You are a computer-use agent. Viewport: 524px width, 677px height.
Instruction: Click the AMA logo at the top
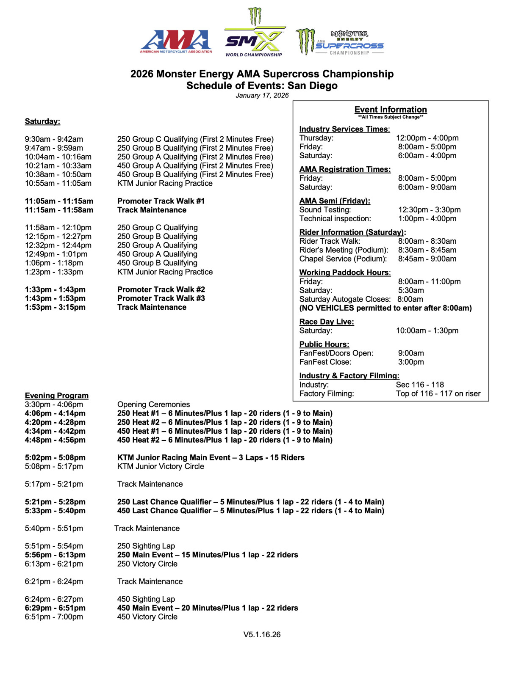tap(176, 41)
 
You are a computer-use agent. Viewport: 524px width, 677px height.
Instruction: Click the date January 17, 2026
tap(262, 95)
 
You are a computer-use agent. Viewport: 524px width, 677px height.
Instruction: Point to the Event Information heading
tap(391, 110)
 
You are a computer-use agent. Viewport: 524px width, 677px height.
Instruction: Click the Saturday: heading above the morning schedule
tap(42, 121)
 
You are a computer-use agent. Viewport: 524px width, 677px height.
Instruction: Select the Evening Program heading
tap(56, 396)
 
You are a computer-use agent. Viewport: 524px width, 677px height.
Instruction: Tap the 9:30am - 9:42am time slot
tap(54, 139)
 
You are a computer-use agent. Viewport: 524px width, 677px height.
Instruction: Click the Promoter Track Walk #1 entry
tap(161, 201)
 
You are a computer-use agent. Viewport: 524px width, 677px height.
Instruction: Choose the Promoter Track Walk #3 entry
tap(161, 298)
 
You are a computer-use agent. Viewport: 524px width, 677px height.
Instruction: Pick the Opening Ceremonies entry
tap(153, 405)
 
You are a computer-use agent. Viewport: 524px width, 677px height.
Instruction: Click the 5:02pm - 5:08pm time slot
tap(55, 457)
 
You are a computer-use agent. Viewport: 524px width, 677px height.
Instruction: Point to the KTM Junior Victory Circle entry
tap(161, 466)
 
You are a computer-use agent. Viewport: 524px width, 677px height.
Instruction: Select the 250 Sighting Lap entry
tap(146, 546)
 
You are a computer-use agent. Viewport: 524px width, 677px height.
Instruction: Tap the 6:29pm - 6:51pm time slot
tap(55, 608)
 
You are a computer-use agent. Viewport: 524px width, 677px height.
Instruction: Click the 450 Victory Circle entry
tap(147, 617)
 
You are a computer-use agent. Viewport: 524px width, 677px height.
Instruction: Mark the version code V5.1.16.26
tap(262, 635)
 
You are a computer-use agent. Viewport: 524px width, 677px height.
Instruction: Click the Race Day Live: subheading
tap(327, 322)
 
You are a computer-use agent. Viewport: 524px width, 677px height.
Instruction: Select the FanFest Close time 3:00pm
tap(411, 362)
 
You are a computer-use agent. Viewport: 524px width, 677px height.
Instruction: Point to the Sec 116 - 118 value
tap(420, 385)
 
